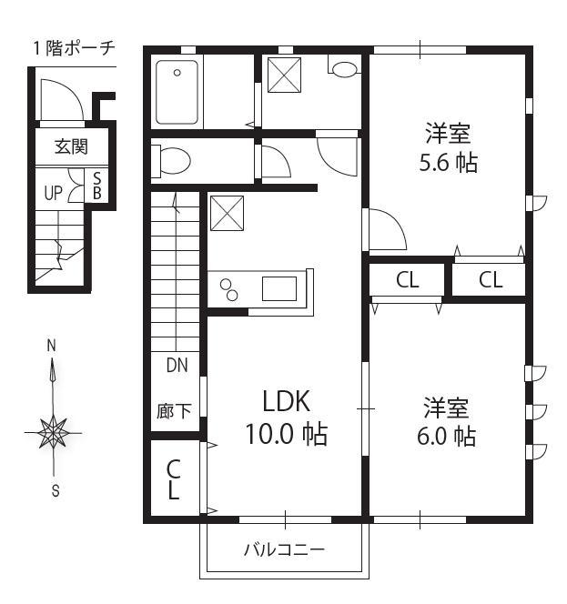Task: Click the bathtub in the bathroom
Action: (177, 92)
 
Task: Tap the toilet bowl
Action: (171, 161)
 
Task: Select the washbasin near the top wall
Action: (344, 69)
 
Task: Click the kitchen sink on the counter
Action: (279, 288)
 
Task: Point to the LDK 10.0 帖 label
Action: (286, 418)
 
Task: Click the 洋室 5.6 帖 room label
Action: (448, 147)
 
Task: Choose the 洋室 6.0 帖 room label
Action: (446, 421)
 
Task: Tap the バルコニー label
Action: (285, 549)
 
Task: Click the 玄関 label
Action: (71, 146)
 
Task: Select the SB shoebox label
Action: (97, 186)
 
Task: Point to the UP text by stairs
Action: (53, 193)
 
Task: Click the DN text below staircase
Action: (177, 365)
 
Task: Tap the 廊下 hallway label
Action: (174, 411)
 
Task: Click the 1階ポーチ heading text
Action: (75, 48)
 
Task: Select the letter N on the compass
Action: (51, 346)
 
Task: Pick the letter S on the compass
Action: (56, 491)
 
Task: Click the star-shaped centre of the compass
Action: (53, 432)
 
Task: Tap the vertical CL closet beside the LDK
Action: (174, 479)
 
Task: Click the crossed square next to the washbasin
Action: (284, 75)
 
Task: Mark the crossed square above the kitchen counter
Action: (227, 213)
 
